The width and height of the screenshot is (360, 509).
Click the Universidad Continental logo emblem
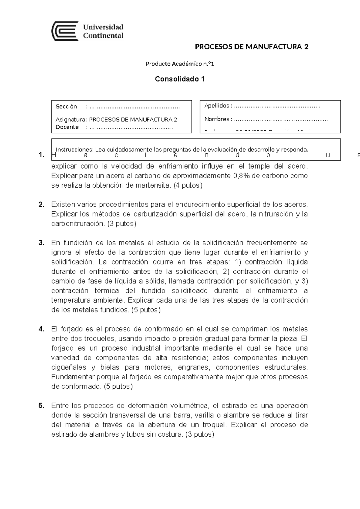coord(65,31)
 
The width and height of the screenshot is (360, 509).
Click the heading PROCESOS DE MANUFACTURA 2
coord(251,47)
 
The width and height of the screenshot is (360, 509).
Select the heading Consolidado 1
coord(180,79)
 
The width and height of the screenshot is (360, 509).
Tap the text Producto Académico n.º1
coord(180,64)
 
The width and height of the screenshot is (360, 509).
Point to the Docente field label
coord(67,127)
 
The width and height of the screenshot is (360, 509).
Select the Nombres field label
coord(217,119)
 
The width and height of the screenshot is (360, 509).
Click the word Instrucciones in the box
coord(74,149)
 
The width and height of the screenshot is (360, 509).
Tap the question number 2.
coord(41,205)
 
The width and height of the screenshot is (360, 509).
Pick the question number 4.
coord(41,329)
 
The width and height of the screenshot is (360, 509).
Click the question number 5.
coord(41,406)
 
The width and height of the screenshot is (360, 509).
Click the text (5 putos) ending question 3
coord(146,310)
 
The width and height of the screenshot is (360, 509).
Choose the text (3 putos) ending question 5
coord(200,435)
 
